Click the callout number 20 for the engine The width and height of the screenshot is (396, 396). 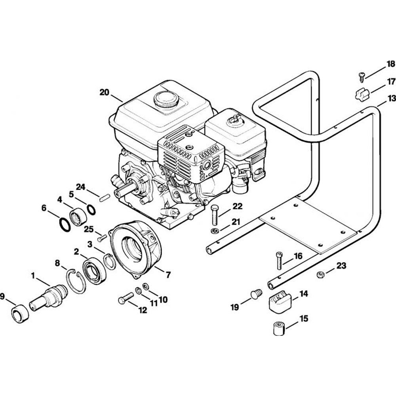point(104,92)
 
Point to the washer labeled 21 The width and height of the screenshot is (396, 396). point(214,231)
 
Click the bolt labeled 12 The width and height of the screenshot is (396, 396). point(126,299)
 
